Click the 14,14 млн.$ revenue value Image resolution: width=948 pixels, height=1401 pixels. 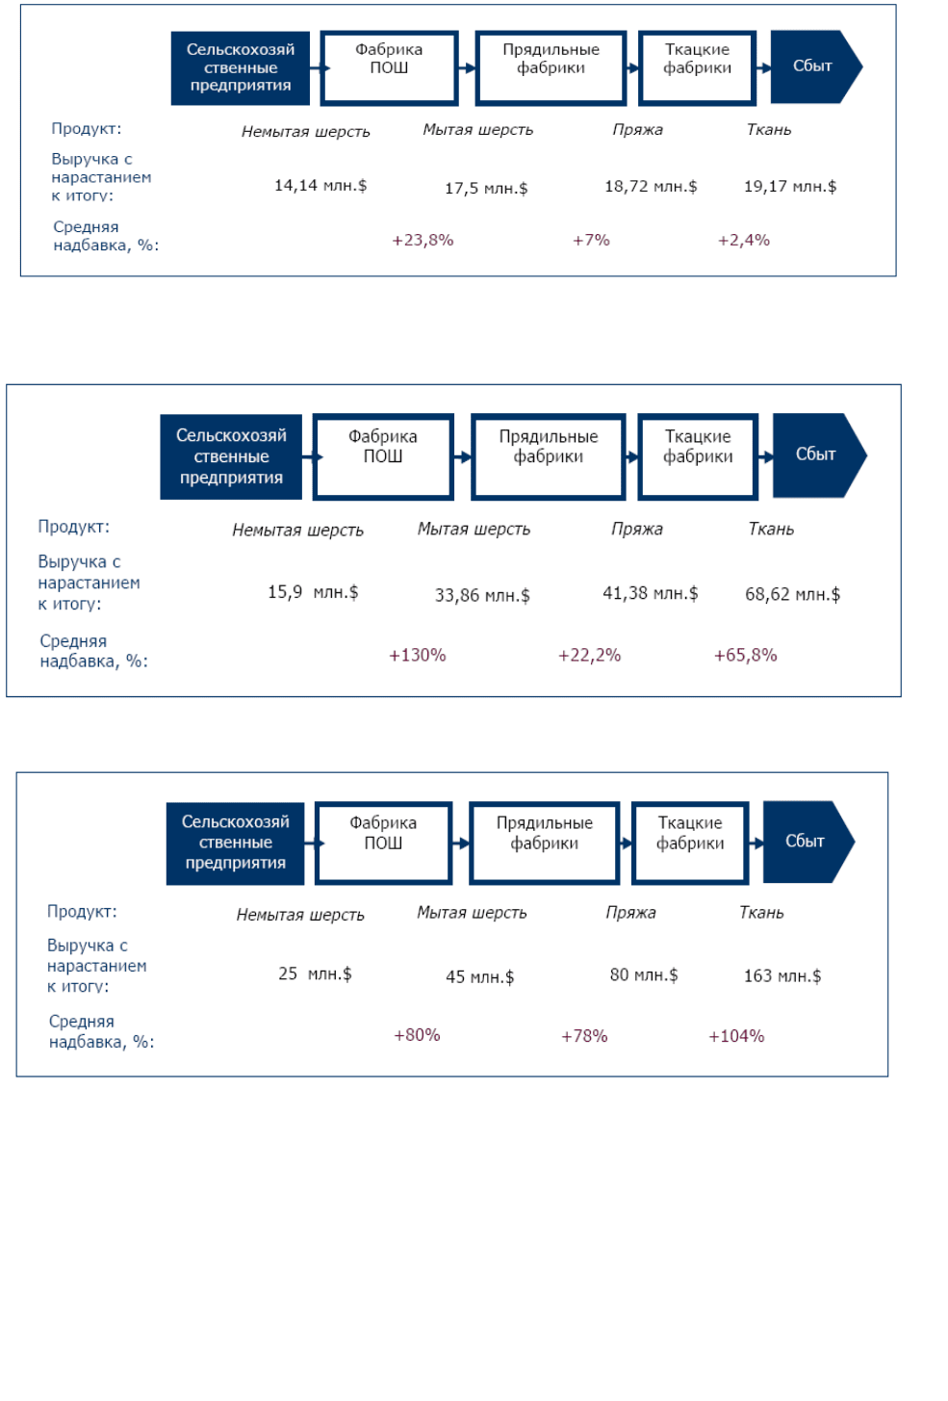(320, 186)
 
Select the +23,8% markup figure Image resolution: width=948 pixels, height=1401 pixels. (423, 240)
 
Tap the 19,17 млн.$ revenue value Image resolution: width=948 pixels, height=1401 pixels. (790, 187)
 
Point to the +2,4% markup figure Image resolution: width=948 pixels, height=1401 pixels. (744, 240)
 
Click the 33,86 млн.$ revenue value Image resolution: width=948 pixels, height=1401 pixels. (482, 595)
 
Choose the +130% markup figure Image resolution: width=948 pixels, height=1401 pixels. (417, 656)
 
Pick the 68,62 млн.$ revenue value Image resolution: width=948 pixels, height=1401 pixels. (792, 594)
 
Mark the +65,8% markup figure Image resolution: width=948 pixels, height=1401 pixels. (745, 656)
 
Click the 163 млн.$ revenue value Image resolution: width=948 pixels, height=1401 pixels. (782, 975)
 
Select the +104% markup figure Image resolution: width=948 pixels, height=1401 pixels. (736, 1036)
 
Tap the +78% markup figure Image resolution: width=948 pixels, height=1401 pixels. (584, 1036)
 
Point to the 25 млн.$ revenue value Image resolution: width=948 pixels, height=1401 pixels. (315, 973)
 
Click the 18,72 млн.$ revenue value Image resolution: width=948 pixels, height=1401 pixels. (651, 187)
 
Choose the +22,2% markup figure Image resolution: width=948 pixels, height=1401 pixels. (589, 656)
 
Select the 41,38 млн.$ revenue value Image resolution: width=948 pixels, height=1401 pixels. (651, 593)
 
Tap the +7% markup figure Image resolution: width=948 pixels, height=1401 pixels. (591, 240)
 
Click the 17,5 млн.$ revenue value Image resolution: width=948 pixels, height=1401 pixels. (486, 189)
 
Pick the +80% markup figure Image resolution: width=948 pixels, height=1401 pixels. (417, 1035)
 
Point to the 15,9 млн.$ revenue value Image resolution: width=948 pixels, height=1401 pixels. (313, 591)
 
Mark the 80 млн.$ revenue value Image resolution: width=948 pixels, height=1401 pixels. (644, 975)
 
